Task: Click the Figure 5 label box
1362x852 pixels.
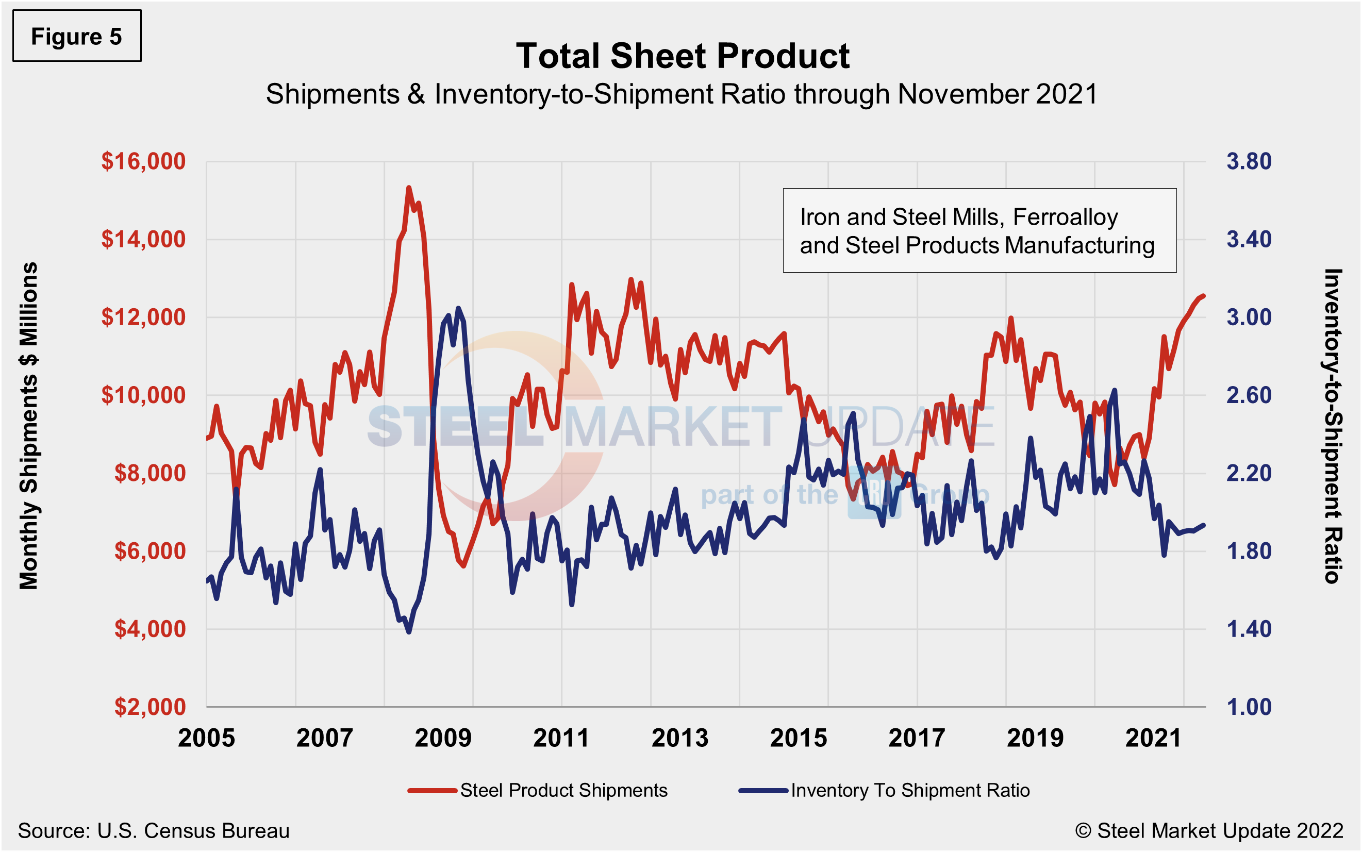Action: pyautogui.click(x=77, y=36)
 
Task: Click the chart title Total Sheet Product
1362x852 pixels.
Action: pyautogui.click(x=682, y=56)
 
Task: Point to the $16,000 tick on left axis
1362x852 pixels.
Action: pyautogui.click(x=143, y=161)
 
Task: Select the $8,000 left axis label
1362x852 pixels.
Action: pyautogui.click(x=150, y=473)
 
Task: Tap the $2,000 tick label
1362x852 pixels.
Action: pyautogui.click(x=150, y=707)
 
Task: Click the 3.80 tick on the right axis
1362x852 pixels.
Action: pyautogui.click(x=1249, y=161)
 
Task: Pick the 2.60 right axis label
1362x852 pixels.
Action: pyautogui.click(x=1249, y=395)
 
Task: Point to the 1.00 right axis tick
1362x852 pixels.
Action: pyautogui.click(x=1249, y=707)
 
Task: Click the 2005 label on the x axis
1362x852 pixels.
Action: pyautogui.click(x=206, y=738)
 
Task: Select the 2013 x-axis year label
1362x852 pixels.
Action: pyautogui.click(x=679, y=738)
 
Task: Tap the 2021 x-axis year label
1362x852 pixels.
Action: pyautogui.click(x=1153, y=738)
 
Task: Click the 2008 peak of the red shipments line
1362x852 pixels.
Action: pyautogui.click(x=408, y=188)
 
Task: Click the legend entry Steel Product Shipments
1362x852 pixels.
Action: pyautogui.click(x=563, y=790)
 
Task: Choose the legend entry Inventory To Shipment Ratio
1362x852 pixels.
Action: pyautogui.click(x=909, y=790)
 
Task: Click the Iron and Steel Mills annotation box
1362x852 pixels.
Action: pyautogui.click(x=979, y=230)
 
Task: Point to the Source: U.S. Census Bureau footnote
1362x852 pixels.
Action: pyautogui.click(x=153, y=830)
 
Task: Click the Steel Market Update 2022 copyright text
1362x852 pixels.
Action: pyautogui.click(x=1209, y=830)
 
